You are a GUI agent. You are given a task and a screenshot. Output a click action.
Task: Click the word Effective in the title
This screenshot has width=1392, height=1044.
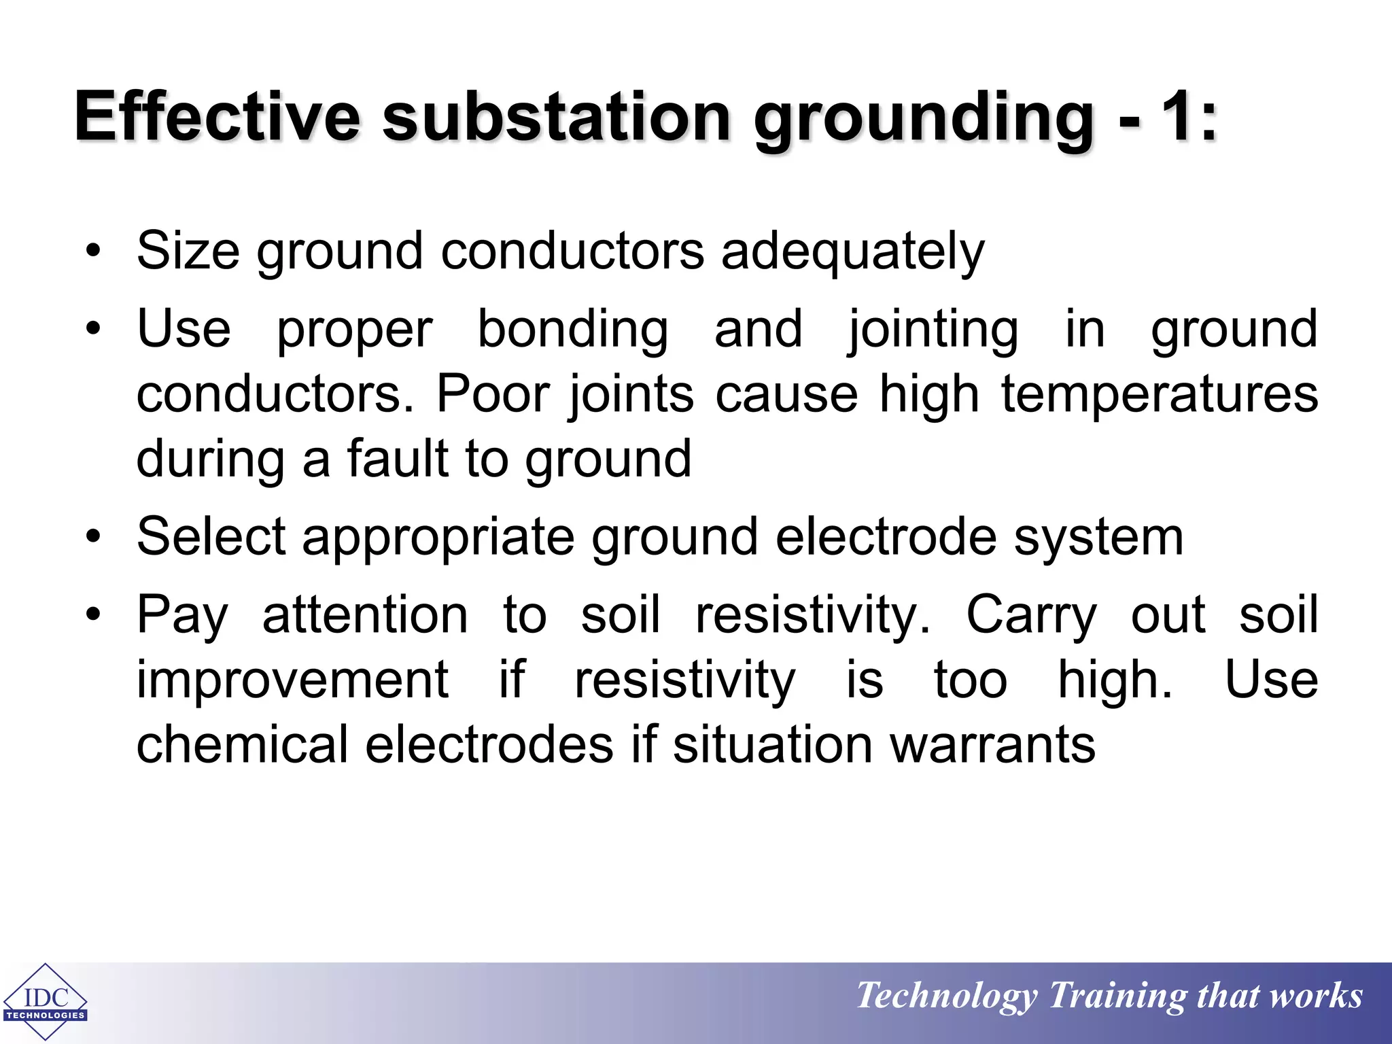(x=217, y=116)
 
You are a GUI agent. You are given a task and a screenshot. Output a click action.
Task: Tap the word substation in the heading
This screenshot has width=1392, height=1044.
(x=556, y=116)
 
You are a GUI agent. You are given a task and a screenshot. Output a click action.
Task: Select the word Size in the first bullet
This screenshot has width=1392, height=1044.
(x=188, y=251)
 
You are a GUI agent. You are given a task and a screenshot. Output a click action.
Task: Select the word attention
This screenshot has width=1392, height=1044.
(x=365, y=614)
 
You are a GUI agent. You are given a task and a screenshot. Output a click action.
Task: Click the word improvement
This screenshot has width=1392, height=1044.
(x=292, y=680)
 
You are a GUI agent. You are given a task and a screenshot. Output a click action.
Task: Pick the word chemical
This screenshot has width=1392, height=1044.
(x=243, y=745)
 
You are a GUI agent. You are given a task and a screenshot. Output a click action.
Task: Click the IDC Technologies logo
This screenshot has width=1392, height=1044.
(x=46, y=1001)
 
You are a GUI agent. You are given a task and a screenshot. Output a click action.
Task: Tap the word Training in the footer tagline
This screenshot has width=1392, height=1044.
(x=1117, y=996)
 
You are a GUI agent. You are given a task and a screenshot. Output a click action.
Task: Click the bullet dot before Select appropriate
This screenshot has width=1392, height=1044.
(x=93, y=538)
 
